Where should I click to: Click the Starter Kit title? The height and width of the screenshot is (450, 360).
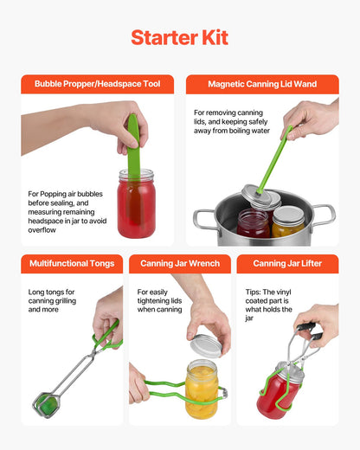coord(179,38)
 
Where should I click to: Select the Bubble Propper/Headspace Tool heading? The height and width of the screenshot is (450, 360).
coord(97,84)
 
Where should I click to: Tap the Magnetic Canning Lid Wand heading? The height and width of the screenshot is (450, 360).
coord(262,84)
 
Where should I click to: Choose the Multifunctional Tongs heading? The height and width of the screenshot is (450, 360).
coord(71,263)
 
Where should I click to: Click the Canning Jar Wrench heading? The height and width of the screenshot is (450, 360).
coord(179,263)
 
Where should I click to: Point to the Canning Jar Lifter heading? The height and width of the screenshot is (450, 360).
coord(287,263)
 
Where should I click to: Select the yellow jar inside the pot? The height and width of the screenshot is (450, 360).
coord(288,223)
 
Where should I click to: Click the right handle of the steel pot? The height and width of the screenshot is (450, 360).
coord(323,215)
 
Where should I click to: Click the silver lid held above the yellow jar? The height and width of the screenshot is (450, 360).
coord(205,344)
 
